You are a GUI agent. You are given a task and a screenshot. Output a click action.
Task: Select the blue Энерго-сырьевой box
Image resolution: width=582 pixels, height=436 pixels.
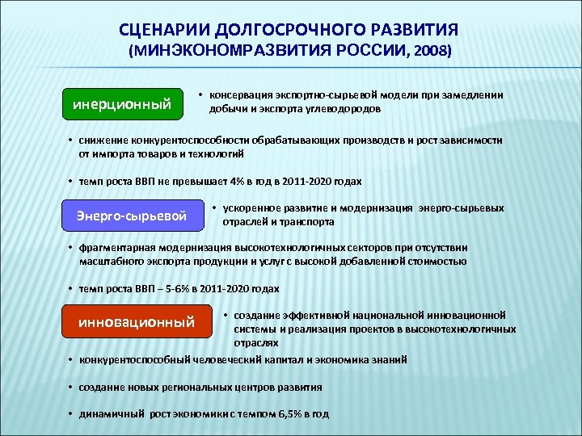tap(131, 216)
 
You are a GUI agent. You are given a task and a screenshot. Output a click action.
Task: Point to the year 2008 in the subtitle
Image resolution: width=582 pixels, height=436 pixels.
tap(429, 50)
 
